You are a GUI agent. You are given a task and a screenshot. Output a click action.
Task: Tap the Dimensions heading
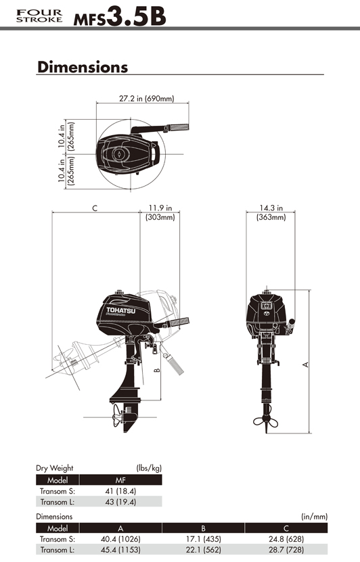83,67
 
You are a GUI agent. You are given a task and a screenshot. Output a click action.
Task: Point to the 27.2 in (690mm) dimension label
147,99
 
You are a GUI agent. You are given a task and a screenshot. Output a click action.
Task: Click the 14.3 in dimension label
271,208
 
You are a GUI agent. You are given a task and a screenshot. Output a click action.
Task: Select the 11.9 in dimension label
160,208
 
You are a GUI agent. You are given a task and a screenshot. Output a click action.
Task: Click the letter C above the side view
95,208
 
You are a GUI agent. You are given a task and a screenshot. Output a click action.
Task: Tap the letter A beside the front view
305,364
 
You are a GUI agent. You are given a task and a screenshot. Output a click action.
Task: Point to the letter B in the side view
156,370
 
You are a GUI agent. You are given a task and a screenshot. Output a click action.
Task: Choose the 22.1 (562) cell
203,551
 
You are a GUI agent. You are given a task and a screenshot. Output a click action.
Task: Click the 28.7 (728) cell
287,551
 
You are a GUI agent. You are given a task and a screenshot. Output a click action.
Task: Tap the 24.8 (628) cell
287,540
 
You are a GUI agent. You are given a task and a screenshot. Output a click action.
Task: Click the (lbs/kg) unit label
149,468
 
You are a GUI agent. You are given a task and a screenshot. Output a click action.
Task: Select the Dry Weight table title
54,468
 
